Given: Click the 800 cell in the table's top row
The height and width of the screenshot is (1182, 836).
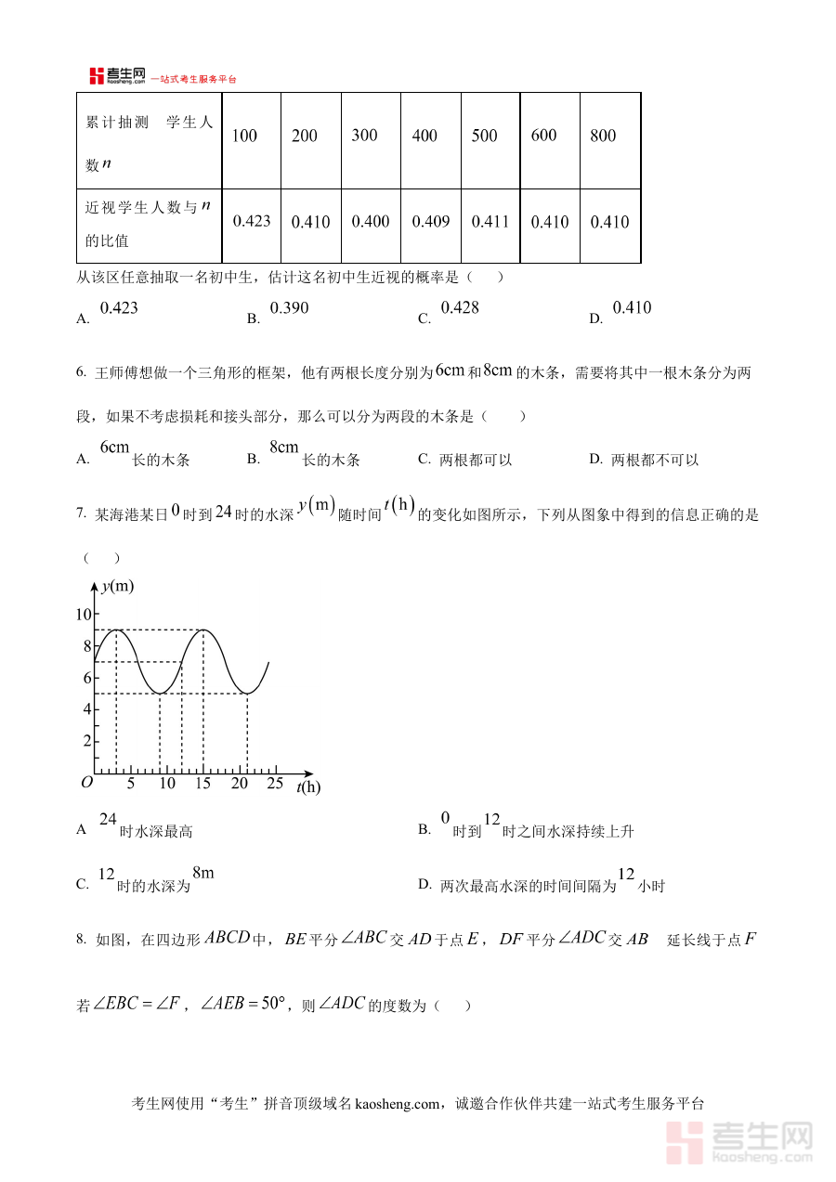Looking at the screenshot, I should coord(603,136).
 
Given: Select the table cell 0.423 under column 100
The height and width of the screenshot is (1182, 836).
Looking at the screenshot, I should coord(252,221).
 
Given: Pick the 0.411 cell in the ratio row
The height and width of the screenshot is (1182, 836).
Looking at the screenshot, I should coord(490,222).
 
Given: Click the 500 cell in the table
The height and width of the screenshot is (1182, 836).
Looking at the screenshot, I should coord(484,136).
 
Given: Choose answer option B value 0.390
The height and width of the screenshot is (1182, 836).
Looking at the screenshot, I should coord(289,308).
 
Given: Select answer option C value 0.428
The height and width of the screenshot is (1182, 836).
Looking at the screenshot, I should coord(460,308).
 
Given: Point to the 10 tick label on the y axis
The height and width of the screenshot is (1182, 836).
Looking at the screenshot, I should coord(84,615).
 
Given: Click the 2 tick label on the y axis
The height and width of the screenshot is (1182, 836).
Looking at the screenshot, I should coord(86,741).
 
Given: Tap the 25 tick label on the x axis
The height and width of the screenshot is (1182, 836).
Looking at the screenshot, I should coord(275,784).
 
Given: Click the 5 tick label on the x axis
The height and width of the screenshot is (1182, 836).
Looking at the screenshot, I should coord(130,784).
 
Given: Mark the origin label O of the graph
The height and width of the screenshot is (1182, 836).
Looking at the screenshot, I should coord(86,783).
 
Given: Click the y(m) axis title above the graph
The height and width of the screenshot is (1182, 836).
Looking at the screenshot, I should coord(117,586).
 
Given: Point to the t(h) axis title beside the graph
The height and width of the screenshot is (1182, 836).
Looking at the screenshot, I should coord(308,787).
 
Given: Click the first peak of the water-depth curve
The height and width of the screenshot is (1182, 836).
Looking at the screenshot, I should coord(116,630).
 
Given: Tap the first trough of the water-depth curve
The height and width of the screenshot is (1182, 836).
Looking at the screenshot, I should coord(160,694).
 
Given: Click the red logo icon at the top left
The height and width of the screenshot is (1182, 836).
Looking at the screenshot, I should coord(97,76).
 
